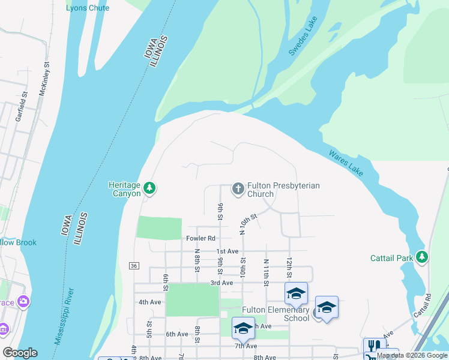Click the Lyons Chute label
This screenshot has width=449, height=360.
88,8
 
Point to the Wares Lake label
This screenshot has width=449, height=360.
346,163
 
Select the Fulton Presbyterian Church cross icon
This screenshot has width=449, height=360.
238,190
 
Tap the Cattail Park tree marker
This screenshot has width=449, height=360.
423,257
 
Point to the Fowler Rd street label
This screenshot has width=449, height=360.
200,238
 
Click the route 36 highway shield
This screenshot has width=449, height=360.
134,265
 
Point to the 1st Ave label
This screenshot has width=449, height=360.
228,251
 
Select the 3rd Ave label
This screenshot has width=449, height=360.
221,283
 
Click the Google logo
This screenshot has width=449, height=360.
20,353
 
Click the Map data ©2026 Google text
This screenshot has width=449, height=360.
411,356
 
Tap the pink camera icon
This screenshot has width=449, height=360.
23,301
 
